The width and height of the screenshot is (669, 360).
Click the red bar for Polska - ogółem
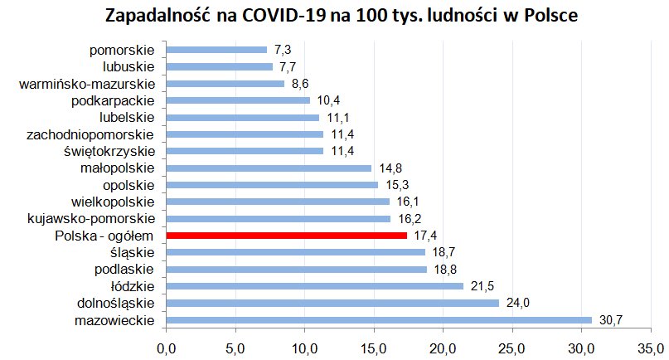(x=287, y=236)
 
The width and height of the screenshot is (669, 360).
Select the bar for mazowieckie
(x=379, y=320)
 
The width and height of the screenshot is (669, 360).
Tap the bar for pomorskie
(x=217, y=50)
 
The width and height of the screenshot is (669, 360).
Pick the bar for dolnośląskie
(x=332, y=303)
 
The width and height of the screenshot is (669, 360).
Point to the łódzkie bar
(x=315, y=286)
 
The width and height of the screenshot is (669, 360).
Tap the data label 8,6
(x=301, y=84)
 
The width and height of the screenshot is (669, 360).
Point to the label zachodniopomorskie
(x=90, y=134)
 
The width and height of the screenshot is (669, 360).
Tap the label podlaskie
(x=126, y=269)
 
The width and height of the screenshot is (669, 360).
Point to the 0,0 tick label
(x=167, y=340)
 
